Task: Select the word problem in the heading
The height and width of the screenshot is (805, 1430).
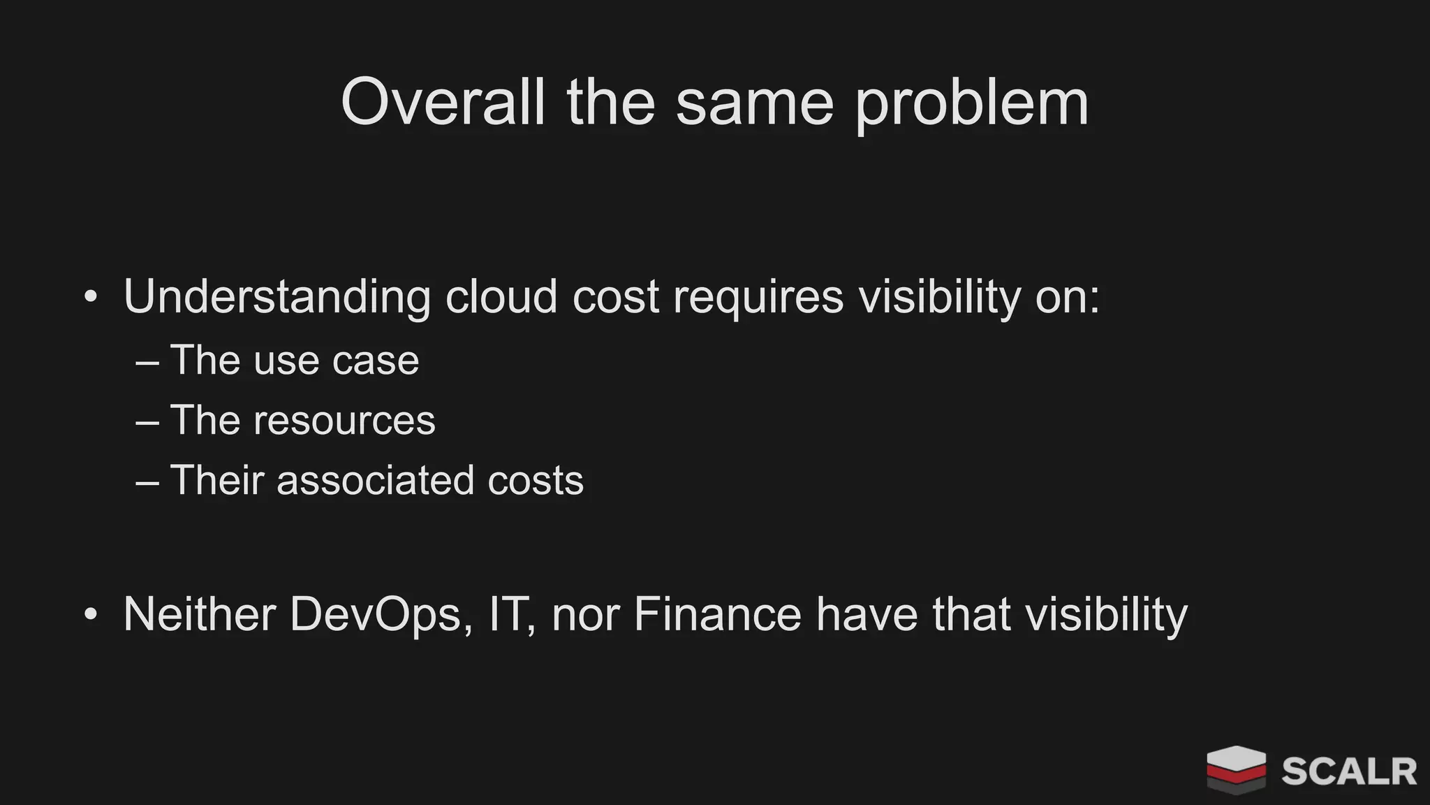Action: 972,105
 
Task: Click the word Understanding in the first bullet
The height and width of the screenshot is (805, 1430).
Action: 277,297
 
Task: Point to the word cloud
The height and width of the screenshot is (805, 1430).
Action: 501,297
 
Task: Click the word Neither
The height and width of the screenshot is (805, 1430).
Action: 199,615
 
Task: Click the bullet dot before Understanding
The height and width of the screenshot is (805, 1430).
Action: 90,297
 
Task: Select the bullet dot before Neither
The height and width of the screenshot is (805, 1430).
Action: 90,615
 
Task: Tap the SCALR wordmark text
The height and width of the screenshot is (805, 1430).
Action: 1349,771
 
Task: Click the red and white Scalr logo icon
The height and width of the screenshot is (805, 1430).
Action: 1236,769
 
